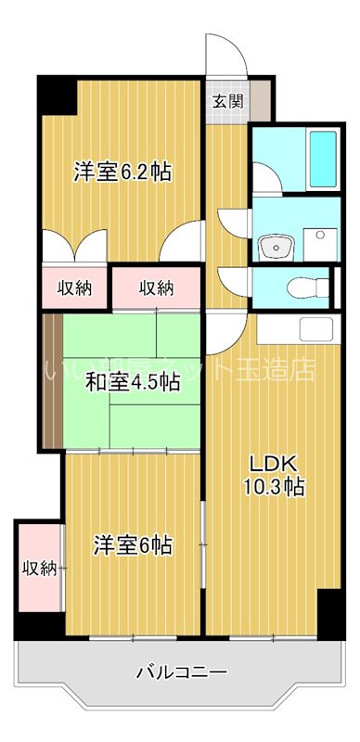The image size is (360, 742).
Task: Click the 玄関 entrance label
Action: [228, 101]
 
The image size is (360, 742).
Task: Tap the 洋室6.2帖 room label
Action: [122, 172]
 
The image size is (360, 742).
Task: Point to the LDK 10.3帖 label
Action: [275, 474]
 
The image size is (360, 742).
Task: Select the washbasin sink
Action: [275, 246]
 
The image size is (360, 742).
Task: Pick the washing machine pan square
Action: [321, 242]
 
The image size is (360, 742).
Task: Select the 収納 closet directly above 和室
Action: [156, 288]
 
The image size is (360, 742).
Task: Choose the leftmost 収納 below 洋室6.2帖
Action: [74, 288]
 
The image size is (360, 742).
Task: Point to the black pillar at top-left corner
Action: [57, 95]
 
